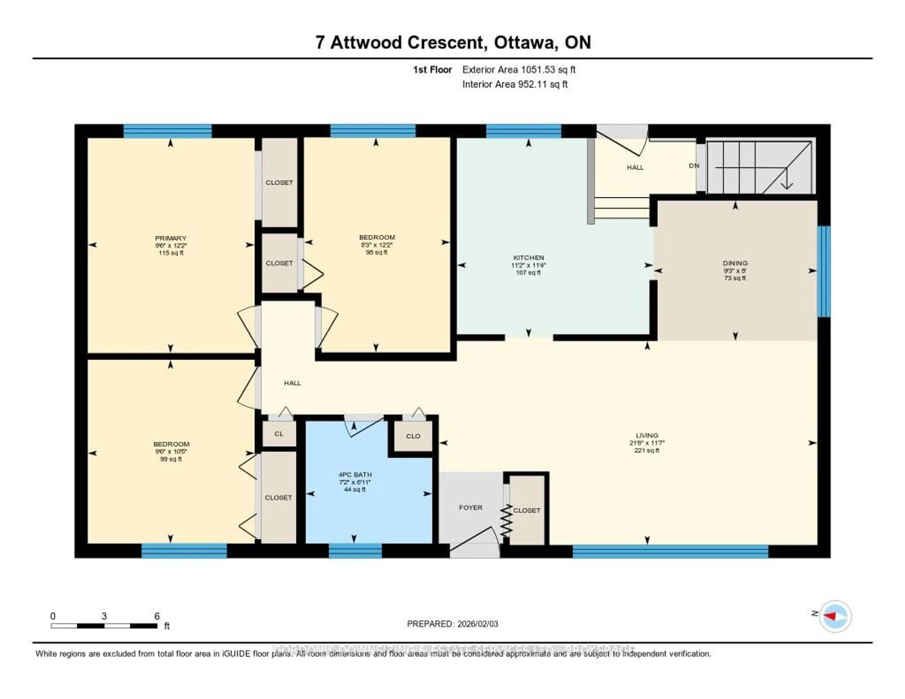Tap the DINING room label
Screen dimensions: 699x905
(x=735, y=263)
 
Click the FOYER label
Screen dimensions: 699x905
(x=471, y=508)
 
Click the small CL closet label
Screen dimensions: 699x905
(x=279, y=434)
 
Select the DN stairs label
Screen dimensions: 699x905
(x=694, y=166)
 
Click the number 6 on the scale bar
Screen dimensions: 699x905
(x=157, y=616)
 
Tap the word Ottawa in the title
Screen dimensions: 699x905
(x=525, y=43)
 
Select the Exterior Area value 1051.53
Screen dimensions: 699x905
(x=537, y=70)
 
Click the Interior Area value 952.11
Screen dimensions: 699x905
(x=532, y=85)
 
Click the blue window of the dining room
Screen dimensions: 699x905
(x=824, y=271)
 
